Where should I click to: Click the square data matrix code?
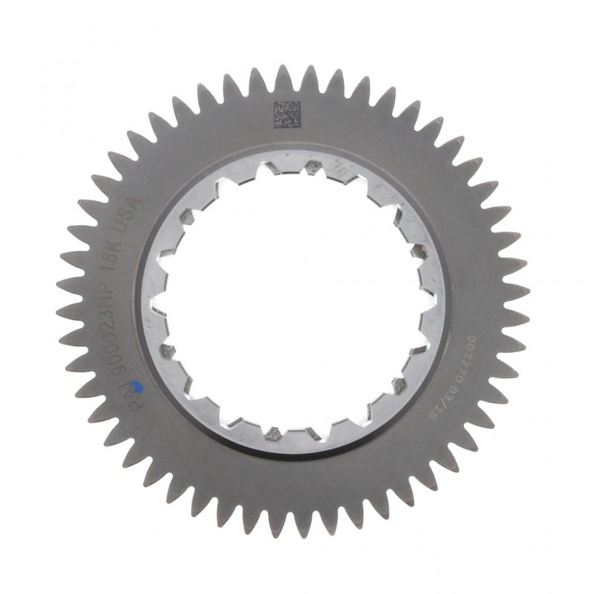286,114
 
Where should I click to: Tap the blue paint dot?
135,386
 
